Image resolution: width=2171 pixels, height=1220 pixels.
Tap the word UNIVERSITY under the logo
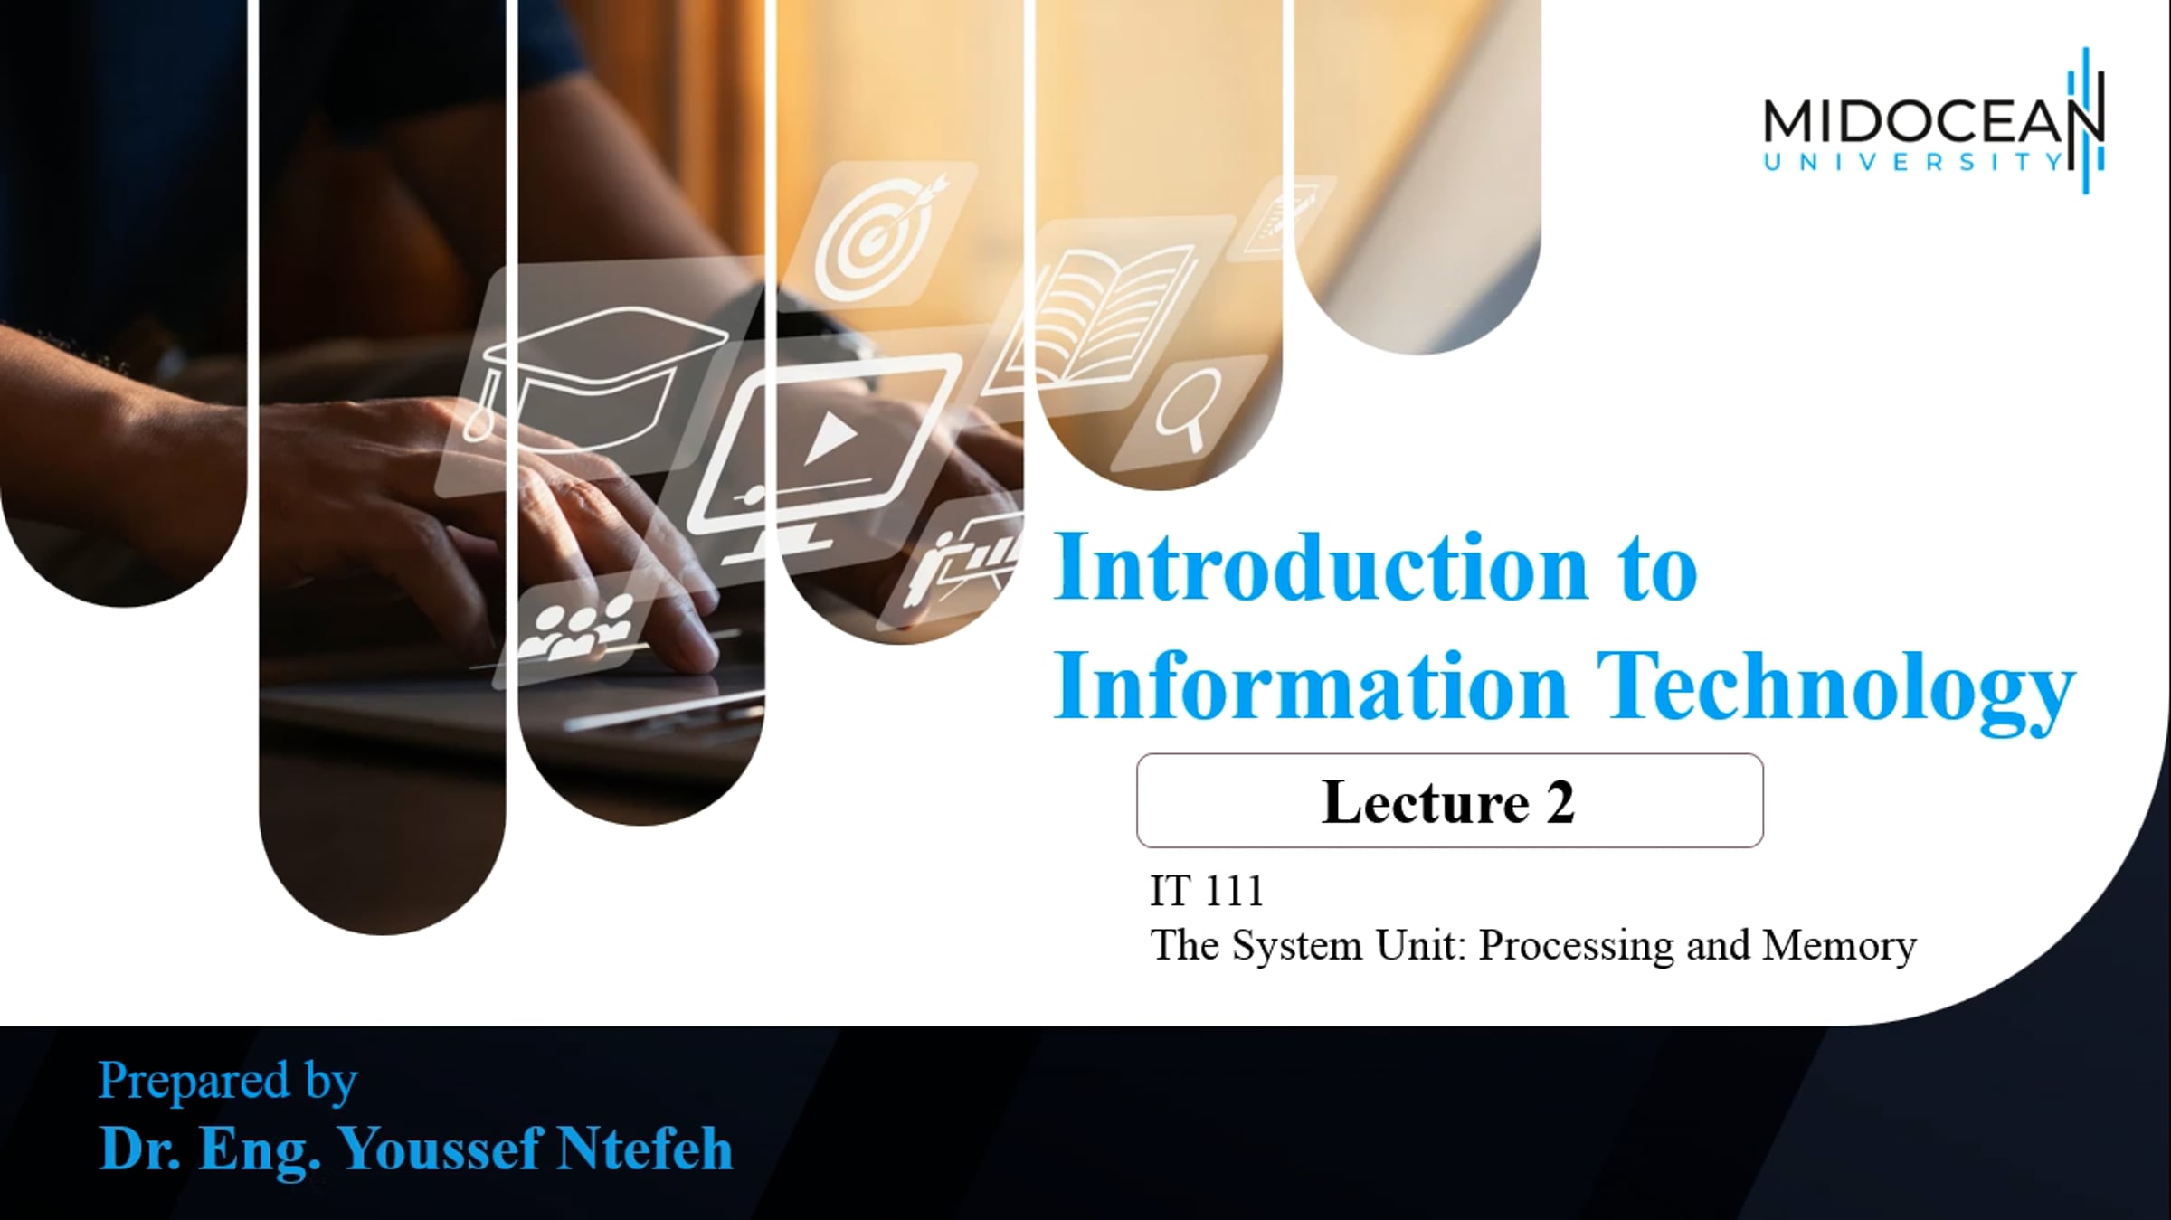1912,163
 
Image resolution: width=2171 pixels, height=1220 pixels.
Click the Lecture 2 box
1449,801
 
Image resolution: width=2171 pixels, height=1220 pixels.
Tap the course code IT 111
1206,892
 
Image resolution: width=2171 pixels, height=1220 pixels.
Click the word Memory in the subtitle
1839,946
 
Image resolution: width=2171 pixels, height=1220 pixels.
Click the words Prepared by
227,1081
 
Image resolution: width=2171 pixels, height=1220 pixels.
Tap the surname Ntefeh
643,1149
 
